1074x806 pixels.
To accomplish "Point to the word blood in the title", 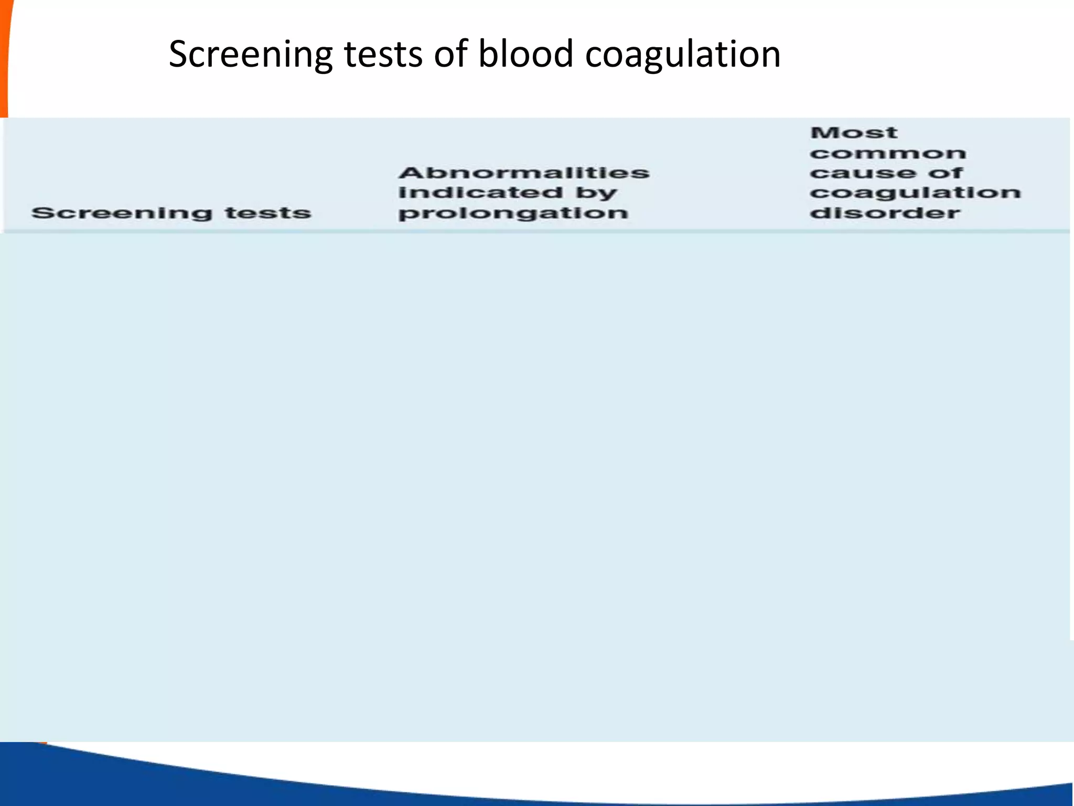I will tap(525, 55).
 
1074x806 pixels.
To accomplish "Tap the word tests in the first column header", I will tap(268, 213).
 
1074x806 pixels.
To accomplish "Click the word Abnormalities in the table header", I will tap(524, 173).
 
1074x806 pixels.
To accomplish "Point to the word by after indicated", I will tap(596, 194).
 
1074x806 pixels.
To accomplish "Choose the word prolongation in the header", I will tap(513, 214).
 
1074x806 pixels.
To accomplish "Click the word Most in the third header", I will tap(853, 133).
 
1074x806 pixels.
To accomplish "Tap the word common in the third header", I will tap(887, 153).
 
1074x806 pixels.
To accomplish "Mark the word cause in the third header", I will tap(862, 173).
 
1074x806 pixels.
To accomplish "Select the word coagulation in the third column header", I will tap(915, 194).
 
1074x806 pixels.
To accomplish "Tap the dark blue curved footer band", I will tap(157, 782).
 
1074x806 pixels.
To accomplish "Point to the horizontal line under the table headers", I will tap(535, 231).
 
